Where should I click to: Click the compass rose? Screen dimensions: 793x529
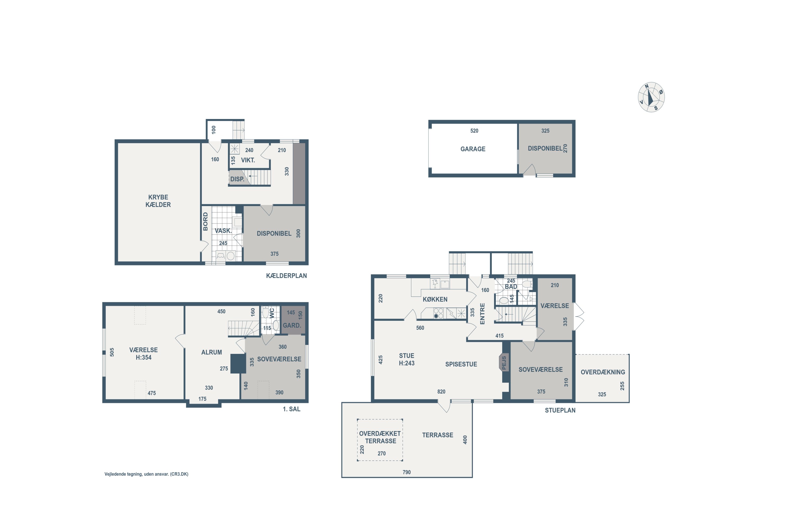coord(651,97)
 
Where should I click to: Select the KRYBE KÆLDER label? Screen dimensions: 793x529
coord(158,201)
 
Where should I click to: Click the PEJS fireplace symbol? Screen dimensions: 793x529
coord(504,363)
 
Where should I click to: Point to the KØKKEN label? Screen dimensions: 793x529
coord(435,299)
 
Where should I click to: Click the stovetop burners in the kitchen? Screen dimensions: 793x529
coord(438,313)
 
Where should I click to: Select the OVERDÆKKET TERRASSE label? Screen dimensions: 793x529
coord(380,437)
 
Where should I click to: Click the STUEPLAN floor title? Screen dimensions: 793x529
coord(560,410)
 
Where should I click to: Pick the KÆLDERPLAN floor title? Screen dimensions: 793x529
coord(286,276)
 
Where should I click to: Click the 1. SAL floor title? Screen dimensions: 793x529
coord(291,409)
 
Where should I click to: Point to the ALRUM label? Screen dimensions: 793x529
coord(211,352)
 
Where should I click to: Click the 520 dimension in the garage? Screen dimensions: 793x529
coord(474,131)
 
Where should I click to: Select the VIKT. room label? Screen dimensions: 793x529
coord(248,160)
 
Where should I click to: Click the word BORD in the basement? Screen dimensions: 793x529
coord(205,222)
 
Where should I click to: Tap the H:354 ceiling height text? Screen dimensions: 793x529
coord(144,357)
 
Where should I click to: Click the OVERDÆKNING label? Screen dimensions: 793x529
coord(602,372)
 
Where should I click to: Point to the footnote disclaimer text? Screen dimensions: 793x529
coord(146,474)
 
